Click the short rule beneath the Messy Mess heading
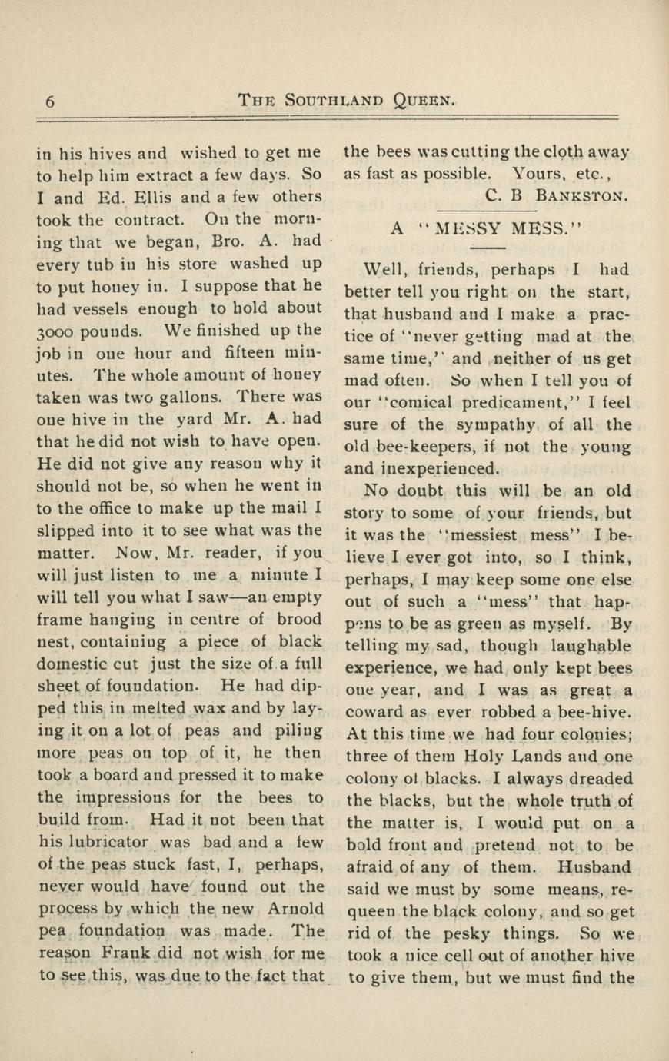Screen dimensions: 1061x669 [x=486, y=248]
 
